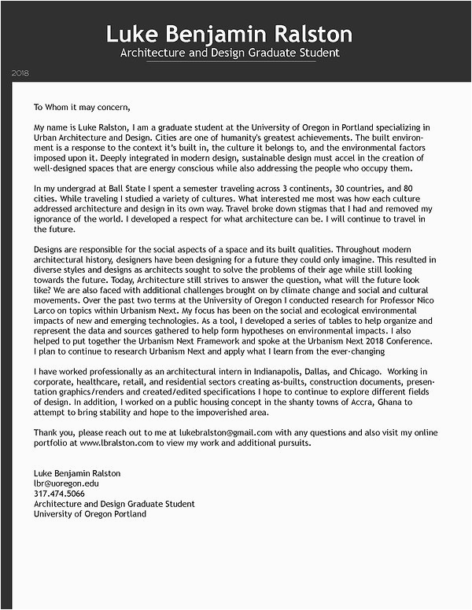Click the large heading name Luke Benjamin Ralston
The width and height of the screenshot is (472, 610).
click(x=229, y=34)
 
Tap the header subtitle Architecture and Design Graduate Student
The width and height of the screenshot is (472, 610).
click(x=229, y=53)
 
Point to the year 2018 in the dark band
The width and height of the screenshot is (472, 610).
click(x=20, y=73)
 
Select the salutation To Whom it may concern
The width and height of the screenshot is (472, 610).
click(x=81, y=108)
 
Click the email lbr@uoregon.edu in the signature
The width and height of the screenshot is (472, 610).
click(x=66, y=483)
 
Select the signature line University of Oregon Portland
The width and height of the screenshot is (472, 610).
click(x=90, y=514)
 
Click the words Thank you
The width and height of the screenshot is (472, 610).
click(x=53, y=432)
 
